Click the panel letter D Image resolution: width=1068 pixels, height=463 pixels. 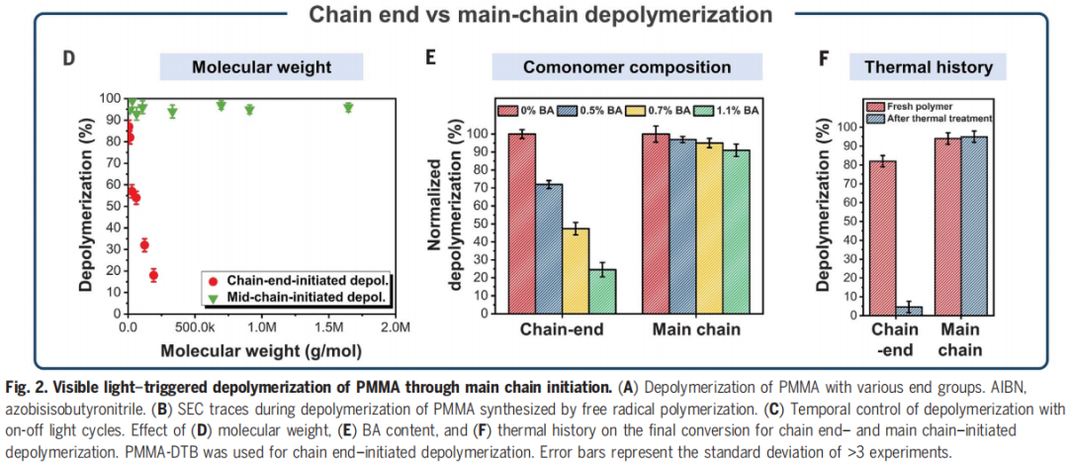[69, 57]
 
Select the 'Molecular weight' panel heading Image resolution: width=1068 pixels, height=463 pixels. [261, 67]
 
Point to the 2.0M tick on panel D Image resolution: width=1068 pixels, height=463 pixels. [394, 327]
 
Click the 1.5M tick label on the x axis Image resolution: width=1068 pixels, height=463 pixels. [327, 327]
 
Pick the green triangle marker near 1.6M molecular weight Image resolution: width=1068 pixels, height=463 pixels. [348, 107]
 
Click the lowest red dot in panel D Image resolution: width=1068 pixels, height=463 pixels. [153, 275]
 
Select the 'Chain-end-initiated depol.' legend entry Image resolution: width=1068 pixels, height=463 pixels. [297, 280]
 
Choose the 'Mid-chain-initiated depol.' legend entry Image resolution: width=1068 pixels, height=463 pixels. [297, 296]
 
